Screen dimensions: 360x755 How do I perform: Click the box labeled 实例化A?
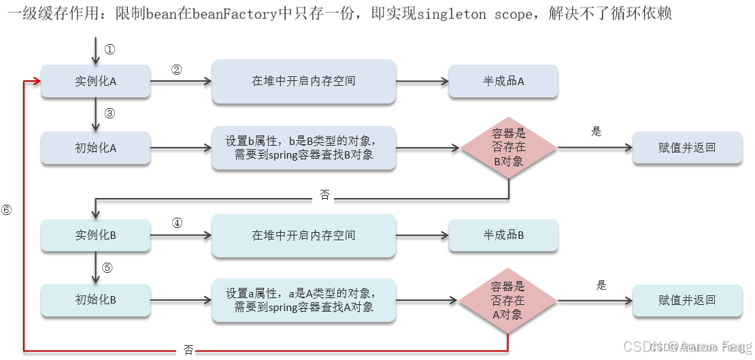pyautogui.click(x=95, y=81)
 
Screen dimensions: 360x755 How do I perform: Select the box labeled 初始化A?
pyautogui.click(x=95, y=148)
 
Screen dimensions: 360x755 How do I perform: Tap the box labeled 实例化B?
pyautogui.click(x=95, y=235)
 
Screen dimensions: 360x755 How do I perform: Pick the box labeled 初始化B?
pyautogui.click(x=95, y=299)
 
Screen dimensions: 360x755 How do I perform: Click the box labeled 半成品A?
pyautogui.click(x=503, y=81)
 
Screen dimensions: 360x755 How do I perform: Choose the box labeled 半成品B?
pyautogui.click(x=503, y=235)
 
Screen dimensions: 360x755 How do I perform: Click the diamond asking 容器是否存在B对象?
pyautogui.click(x=508, y=148)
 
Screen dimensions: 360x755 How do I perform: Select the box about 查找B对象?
pyautogui.click(x=303, y=148)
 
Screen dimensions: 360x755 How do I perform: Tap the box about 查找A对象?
pyautogui.click(x=303, y=300)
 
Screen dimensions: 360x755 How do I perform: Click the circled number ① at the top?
pyautogui.click(x=110, y=49)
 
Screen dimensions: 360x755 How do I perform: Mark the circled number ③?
pyautogui.click(x=110, y=113)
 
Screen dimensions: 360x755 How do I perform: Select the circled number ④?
pyautogui.click(x=177, y=223)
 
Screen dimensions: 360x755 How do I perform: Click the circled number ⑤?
pyautogui.click(x=107, y=267)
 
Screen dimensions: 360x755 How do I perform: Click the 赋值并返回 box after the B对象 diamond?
pyautogui.click(x=687, y=148)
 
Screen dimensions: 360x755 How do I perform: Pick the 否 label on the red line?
pyautogui.click(x=188, y=350)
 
